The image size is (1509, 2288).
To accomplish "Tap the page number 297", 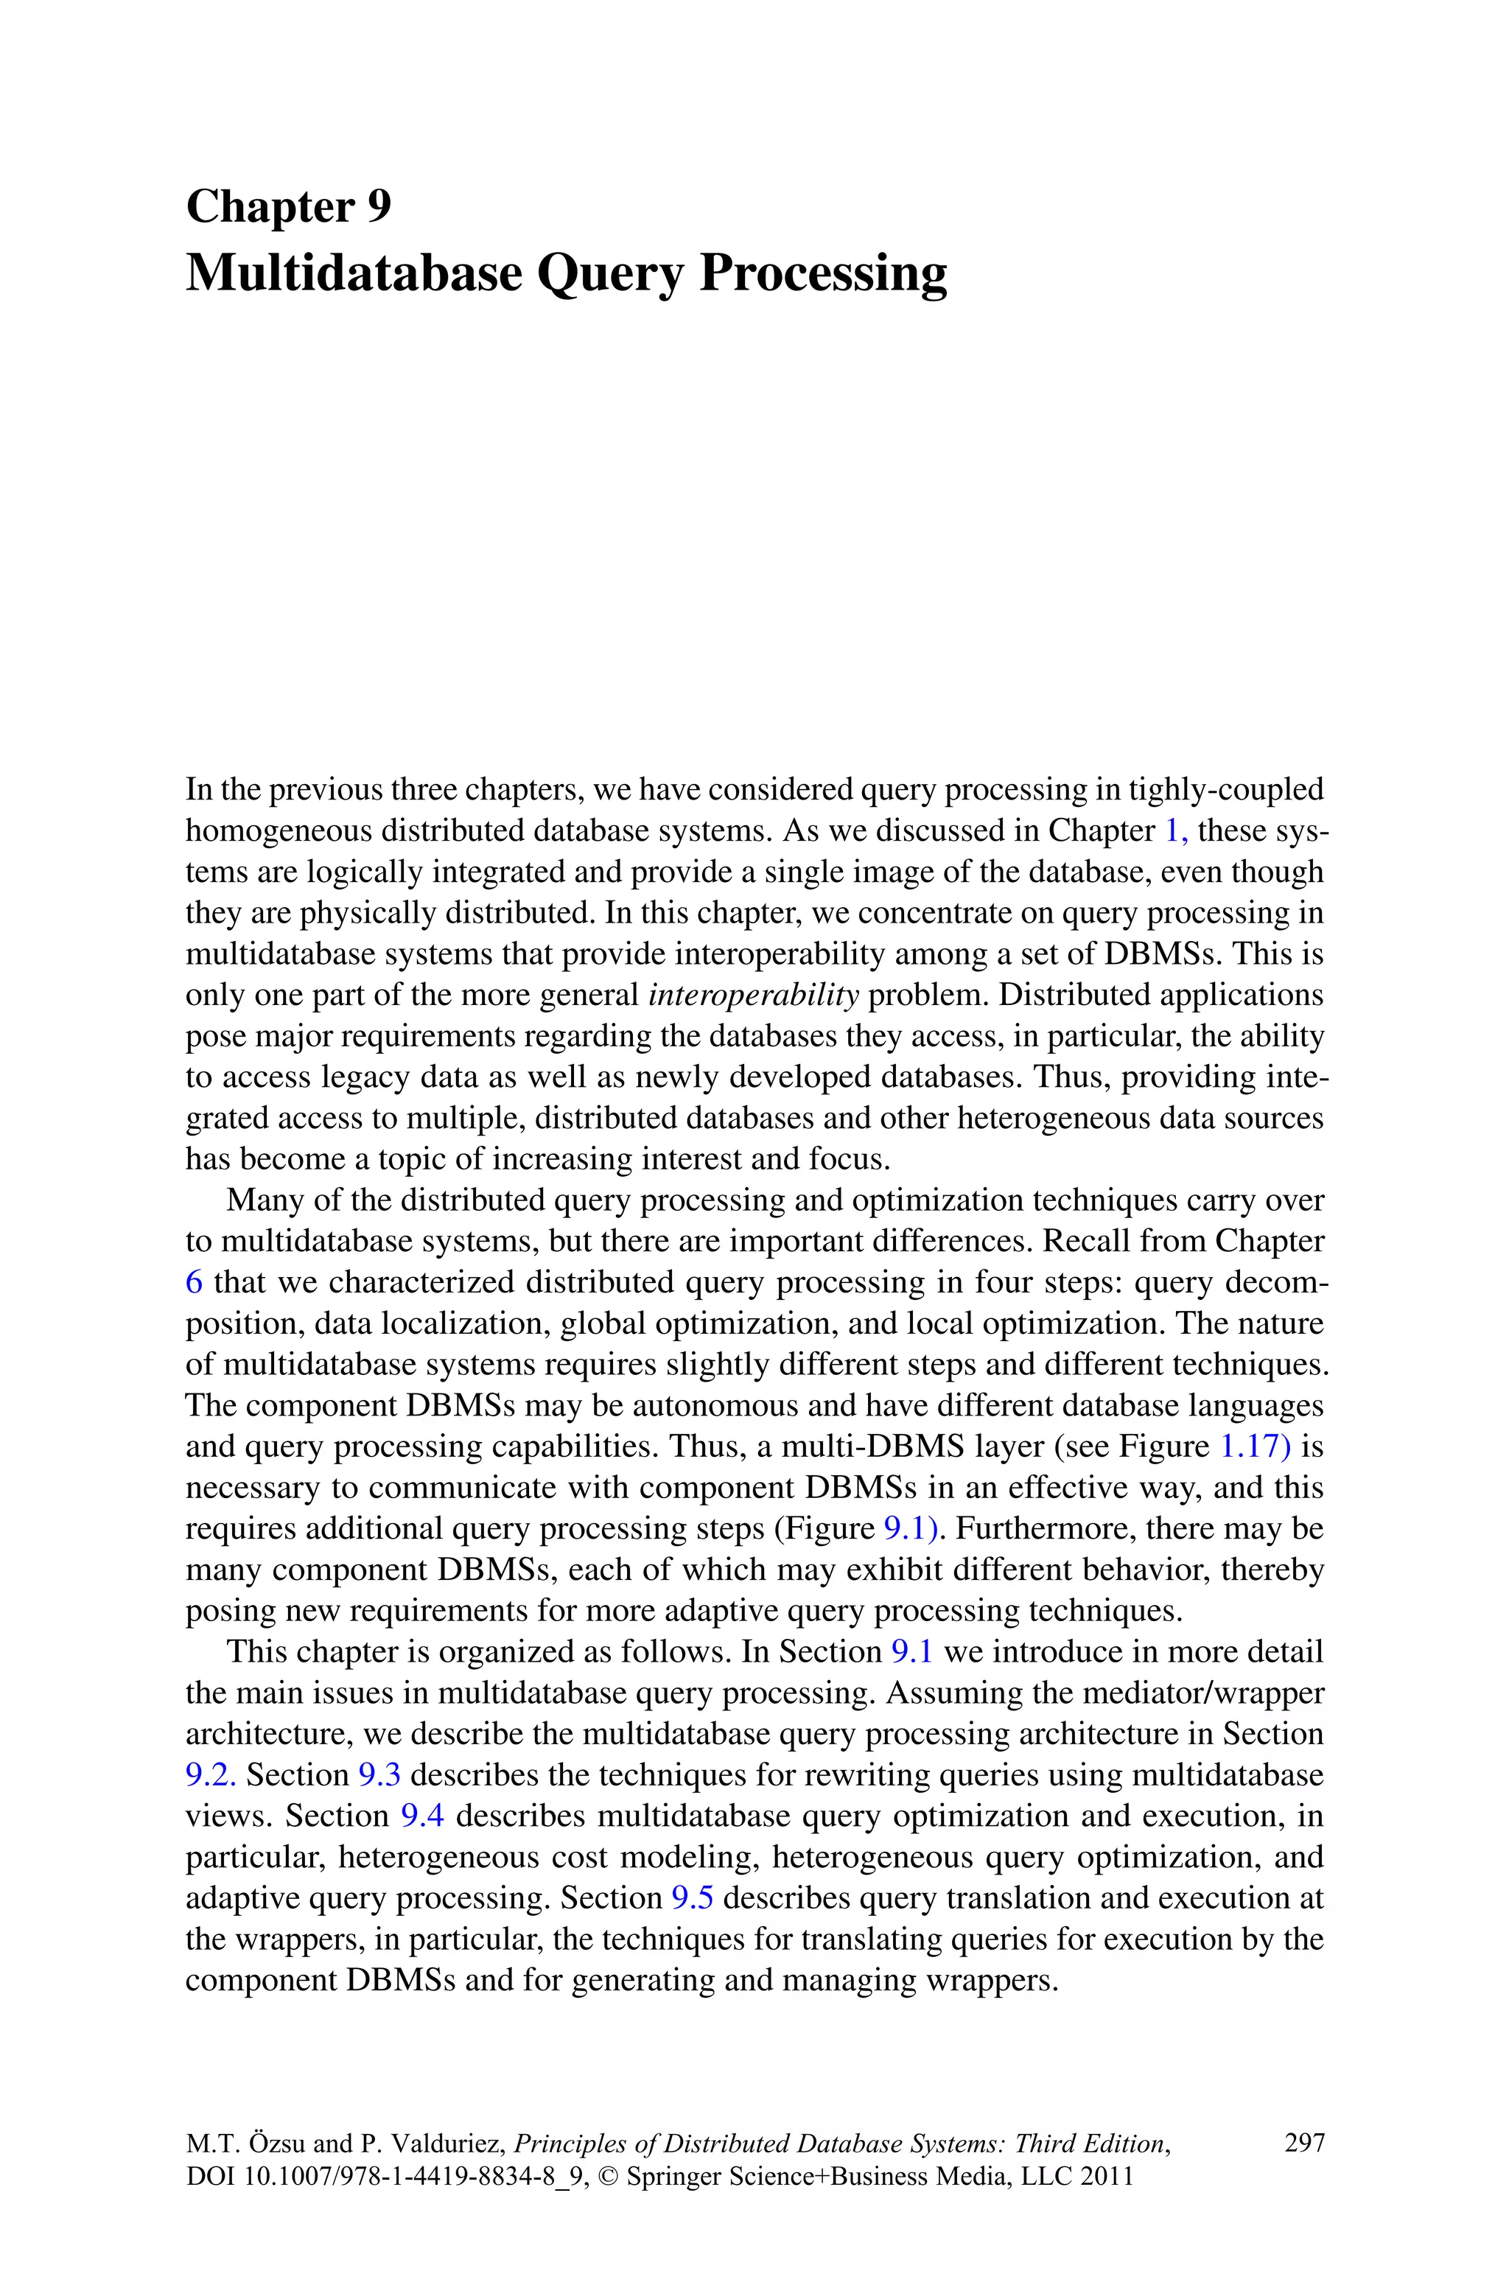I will (1304, 2143).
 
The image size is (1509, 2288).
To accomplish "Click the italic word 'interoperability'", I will (754, 995).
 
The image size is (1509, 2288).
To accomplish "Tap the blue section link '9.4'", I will (421, 1816).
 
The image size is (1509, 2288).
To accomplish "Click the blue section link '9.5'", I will (692, 1897).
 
